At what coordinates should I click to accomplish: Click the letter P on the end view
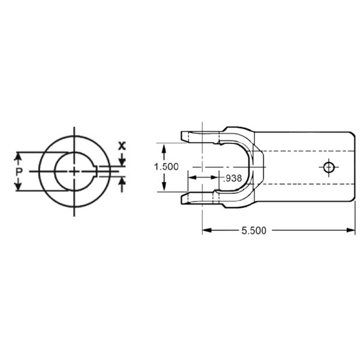click(x=19, y=172)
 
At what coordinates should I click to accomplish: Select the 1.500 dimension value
click(x=166, y=167)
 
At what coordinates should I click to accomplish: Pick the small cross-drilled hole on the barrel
click(x=328, y=167)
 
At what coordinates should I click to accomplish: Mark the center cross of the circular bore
click(x=74, y=171)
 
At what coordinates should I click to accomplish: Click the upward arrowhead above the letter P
click(x=19, y=157)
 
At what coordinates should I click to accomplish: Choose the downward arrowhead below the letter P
click(x=19, y=187)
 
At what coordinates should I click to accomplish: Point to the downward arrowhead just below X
click(x=122, y=160)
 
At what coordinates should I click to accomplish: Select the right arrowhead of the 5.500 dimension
click(x=351, y=230)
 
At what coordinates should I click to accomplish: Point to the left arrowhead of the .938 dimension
click(x=191, y=178)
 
